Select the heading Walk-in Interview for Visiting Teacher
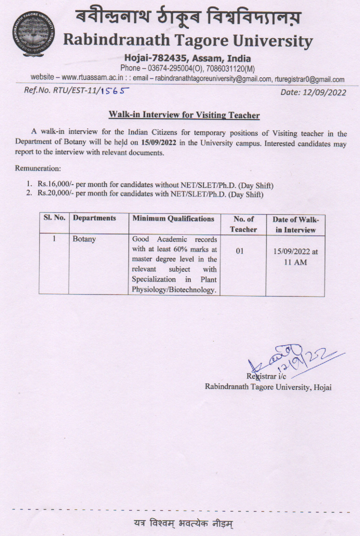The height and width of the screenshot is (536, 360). [184, 115]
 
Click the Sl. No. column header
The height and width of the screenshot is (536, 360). [54, 218]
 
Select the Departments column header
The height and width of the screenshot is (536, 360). [94, 218]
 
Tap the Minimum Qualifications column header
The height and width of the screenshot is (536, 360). [173, 218]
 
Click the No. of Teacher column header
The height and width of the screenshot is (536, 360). [243, 224]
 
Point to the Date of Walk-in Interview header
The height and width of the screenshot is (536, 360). [295, 224]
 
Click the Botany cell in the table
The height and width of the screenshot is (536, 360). [84, 239]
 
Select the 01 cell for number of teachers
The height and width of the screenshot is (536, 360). [240, 251]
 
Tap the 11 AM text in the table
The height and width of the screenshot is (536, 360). [295, 262]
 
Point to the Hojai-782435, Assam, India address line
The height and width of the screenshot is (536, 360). [187, 59]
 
